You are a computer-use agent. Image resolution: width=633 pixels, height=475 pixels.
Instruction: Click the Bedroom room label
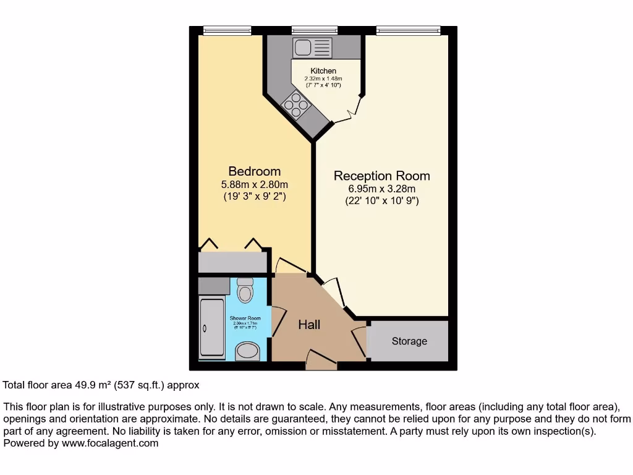pos(254,171)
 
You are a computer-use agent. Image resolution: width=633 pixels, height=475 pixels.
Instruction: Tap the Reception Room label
pos(381,176)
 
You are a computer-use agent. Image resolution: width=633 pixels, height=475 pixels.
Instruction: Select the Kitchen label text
pos(323,71)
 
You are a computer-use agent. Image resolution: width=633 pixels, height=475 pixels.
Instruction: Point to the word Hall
pos(309,325)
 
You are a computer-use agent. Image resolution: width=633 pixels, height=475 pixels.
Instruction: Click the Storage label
pos(409,341)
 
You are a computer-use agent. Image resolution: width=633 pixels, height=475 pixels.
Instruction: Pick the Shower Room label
pos(245,319)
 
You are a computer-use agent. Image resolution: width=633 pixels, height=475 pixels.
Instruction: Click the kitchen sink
pos(313,47)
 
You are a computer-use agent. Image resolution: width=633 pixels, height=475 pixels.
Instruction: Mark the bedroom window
pos(227,30)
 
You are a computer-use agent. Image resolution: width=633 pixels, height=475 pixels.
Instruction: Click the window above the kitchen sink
pos(315,30)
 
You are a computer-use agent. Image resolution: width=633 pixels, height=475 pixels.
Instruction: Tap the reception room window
pos(408,30)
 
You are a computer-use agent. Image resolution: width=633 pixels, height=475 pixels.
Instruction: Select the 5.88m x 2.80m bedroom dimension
pos(254,184)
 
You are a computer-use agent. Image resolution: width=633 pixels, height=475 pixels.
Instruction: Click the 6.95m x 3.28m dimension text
pos(381,189)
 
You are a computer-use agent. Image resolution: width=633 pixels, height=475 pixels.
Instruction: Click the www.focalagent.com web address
pos(109,443)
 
